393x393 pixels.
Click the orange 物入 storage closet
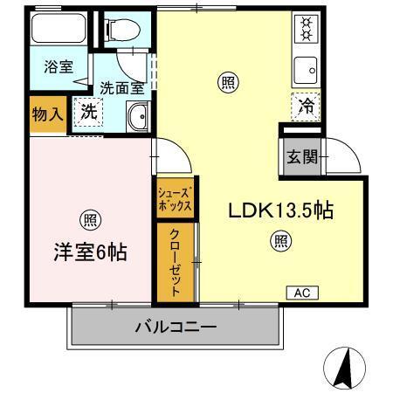(48, 113)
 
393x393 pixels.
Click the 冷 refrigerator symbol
(304, 105)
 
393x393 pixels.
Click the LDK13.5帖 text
(282, 210)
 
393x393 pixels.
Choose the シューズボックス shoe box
(173, 200)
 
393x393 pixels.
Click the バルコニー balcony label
(176, 327)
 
